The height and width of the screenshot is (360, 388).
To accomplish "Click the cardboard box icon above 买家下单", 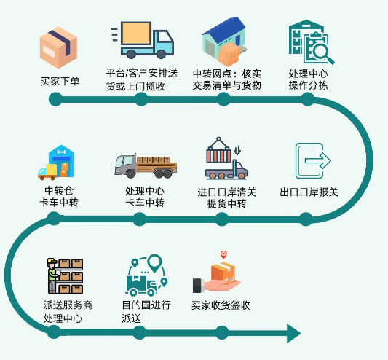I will click(58, 45).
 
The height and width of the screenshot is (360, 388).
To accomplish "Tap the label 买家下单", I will click(60, 81).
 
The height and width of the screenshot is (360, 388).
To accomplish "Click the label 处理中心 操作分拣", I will click(308, 80).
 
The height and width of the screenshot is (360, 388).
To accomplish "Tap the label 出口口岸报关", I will click(309, 192).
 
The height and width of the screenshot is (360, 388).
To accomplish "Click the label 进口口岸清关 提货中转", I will click(226, 197).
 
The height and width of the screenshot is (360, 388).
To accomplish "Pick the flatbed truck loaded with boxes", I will click(146, 165).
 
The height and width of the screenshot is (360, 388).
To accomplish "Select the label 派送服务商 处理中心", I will click(68, 311).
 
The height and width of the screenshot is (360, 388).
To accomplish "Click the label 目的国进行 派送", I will click(146, 311).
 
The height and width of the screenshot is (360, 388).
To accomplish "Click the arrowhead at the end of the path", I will click(293, 333).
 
